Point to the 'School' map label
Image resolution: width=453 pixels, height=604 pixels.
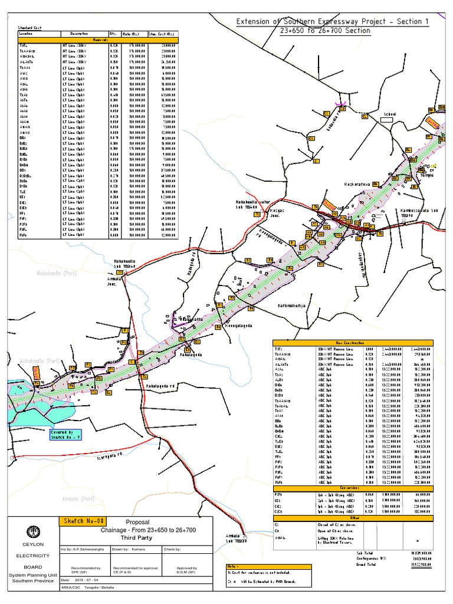pyautogui.click(x=390, y=114)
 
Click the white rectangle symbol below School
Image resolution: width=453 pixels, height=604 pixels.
pyautogui.click(x=386, y=120)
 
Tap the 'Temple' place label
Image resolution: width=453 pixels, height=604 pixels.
pyautogui.click(x=426, y=175)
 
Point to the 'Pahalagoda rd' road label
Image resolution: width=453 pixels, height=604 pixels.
pyautogui.click(x=162, y=386)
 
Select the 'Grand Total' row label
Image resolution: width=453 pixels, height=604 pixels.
pyautogui.click(x=367, y=564)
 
